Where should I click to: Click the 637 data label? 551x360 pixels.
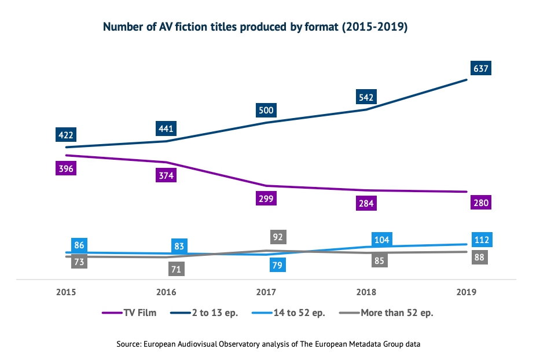[x=481, y=69]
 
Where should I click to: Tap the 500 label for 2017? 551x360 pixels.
[x=266, y=110]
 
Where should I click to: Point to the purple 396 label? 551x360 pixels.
[x=66, y=169]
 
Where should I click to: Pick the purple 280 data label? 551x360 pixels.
[x=481, y=203]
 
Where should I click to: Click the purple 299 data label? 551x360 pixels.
[x=266, y=198]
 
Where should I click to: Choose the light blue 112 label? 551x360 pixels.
[x=481, y=240]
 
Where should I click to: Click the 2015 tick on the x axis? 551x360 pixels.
[x=66, y=293]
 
